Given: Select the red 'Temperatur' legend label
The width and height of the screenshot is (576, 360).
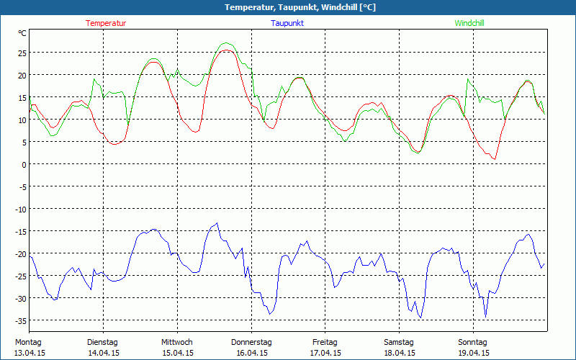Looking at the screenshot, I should click(x=106, y=23).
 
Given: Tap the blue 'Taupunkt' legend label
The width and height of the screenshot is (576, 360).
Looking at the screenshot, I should click(x=287, y=23).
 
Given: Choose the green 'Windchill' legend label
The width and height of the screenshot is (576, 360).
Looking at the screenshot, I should click(x=469, y=23).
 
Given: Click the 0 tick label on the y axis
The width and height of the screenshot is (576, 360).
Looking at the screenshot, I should click(x=23, y=164).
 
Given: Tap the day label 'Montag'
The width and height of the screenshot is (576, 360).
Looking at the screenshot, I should click(x=28, y=342).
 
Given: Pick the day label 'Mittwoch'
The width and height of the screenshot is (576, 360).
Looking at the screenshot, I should click(x=177, y=342).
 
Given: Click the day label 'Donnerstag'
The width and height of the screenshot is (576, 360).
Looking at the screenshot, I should click(x=251, y=342).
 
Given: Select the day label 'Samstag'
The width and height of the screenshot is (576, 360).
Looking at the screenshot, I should click(x=399, y=342).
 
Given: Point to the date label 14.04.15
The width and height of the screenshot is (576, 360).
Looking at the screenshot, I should click(x=103, y=353).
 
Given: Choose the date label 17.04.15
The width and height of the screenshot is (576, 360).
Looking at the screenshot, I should click(x=325, y=353).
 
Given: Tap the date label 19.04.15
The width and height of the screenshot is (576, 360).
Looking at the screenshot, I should click(x=473, y=353).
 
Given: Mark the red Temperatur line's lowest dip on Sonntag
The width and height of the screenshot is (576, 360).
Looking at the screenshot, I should click(x=495, y=158).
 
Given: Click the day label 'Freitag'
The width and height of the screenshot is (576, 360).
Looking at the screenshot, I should click(x=325, y=342).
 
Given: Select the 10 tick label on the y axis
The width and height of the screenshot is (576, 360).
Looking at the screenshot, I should click(x=22, y=120).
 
